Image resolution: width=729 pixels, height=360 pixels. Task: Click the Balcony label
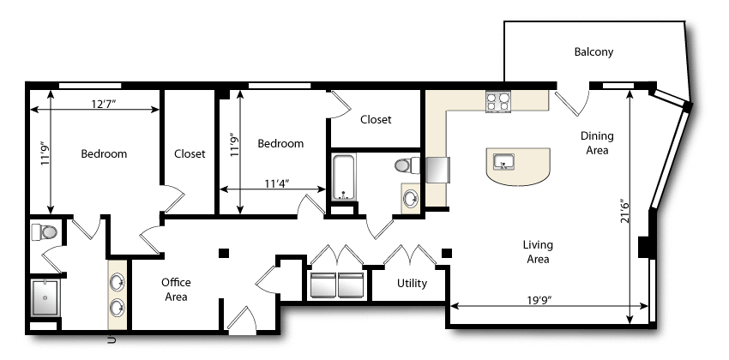593,52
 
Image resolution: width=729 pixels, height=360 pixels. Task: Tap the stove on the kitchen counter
498,102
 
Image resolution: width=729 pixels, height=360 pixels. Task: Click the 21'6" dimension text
624,212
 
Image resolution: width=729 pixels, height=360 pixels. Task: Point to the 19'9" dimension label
539,300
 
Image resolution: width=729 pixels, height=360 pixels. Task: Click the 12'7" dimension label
103,104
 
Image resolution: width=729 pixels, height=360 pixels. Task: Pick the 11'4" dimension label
277,183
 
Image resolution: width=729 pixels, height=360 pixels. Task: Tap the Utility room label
412,284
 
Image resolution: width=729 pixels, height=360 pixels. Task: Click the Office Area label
176,290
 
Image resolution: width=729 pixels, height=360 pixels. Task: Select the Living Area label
538,252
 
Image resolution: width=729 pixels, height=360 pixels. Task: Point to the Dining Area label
597,143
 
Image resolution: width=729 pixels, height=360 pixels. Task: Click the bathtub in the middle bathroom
344,177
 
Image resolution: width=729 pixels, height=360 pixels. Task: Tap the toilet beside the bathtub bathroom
407,165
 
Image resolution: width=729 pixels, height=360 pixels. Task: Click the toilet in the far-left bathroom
44,231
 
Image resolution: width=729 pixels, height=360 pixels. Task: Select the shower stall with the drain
45,297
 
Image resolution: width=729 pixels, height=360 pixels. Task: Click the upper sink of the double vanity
117,282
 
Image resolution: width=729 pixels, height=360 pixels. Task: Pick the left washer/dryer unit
322,285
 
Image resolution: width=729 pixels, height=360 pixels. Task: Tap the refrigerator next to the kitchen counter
437,170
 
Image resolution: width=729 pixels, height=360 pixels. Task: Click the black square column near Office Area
224,253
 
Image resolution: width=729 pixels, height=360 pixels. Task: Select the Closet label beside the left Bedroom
190,153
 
